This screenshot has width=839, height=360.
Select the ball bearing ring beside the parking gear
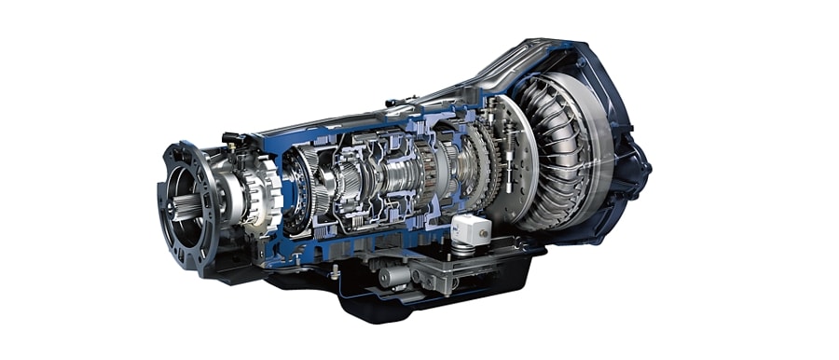coord(296,191)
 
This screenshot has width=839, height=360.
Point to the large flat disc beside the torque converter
coord(508,159)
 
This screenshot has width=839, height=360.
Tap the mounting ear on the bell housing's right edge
coord(642,173)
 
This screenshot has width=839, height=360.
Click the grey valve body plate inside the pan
coord(438,270)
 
